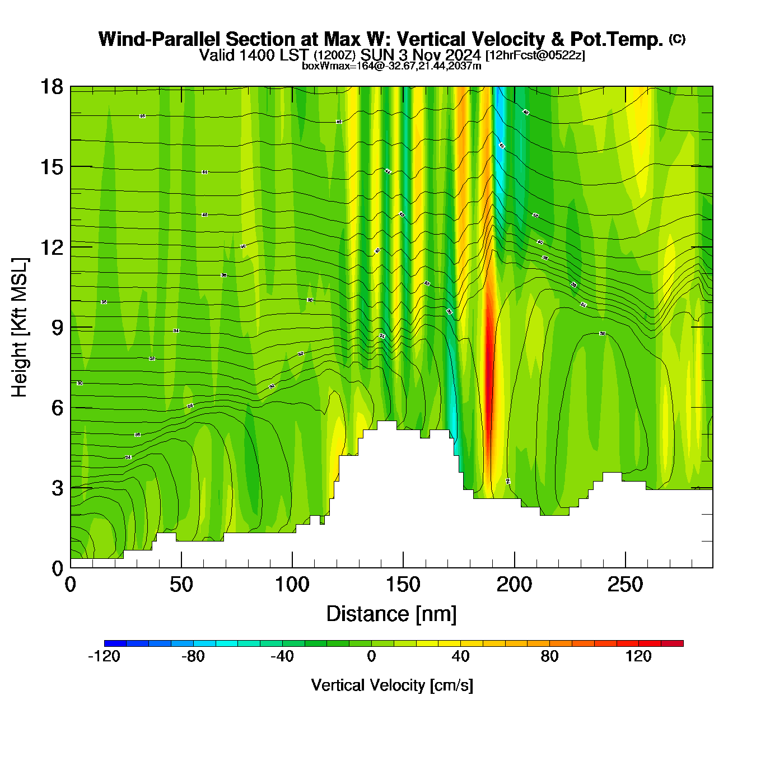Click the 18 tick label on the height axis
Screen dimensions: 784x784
coord(51,87)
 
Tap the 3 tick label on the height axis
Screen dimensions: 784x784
coord(58,488)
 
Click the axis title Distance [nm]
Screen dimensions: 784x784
coord(391,614)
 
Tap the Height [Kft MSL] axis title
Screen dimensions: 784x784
coord(20,328)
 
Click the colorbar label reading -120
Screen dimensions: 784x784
coord(104,657)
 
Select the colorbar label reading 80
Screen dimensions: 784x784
coord(549,657)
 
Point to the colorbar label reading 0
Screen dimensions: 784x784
coord(371,657)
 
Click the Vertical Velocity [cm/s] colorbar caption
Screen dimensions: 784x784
coord(392,685)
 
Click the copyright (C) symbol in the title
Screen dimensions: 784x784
coord(677,39)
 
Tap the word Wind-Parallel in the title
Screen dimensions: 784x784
coord(160,40)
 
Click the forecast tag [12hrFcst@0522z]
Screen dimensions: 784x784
coord(535,55)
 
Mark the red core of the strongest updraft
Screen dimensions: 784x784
coord(488,375)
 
